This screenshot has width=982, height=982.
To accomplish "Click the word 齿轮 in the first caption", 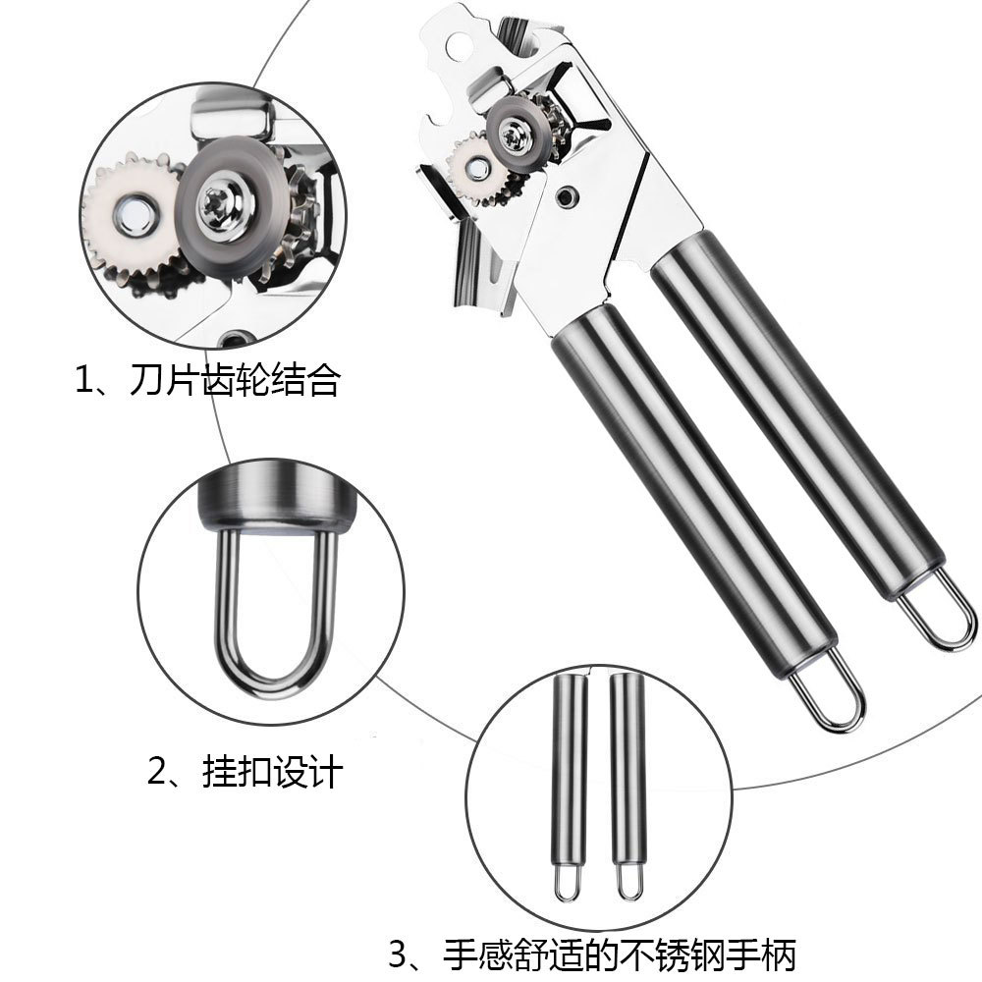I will [x=235, y=380].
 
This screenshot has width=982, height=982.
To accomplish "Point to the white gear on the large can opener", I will [x=469, y=169].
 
